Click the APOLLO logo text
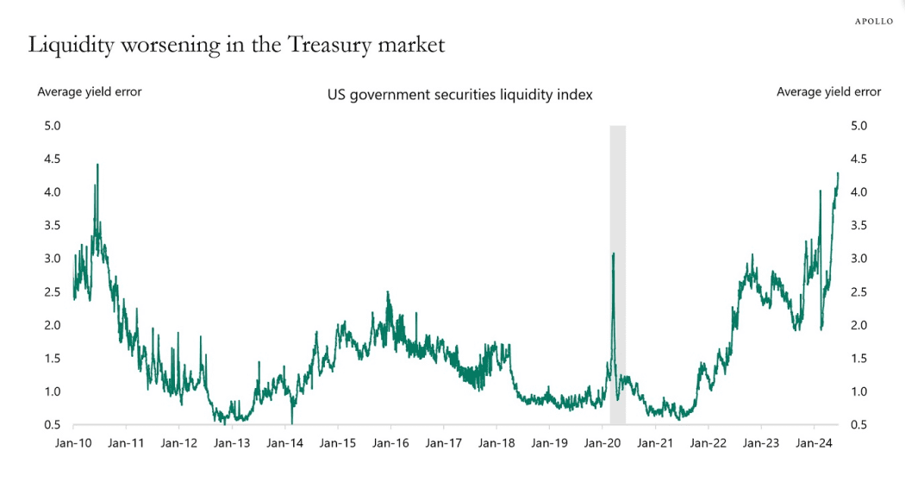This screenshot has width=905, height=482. point(873,21)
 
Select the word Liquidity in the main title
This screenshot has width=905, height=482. point(68,46)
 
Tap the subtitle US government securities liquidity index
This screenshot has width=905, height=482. point(459,95)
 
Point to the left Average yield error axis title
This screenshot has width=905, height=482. point(89,91)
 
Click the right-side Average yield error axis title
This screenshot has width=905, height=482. point(828,91)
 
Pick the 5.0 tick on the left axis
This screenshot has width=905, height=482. point(52,126)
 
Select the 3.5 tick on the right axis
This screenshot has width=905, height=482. point(858,226)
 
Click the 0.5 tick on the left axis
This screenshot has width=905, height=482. point(52,424)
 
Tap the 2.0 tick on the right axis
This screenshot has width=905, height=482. point(858,325)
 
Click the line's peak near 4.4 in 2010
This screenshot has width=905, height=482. point(97,165)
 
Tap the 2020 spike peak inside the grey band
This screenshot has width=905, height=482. point(613,254)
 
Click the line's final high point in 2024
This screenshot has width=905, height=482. point(837,173)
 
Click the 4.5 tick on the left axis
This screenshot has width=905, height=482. point(52,160)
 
